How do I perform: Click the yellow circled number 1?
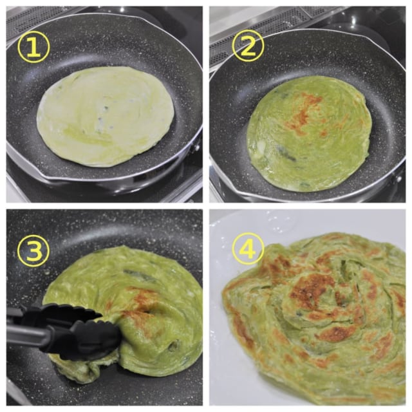pos(33,47)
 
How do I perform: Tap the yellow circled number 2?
pos(248,46)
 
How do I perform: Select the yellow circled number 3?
pos(33,250)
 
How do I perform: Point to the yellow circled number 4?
pos(248,248)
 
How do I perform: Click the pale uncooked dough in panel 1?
pos(106,117)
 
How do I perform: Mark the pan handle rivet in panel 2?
pos(399,179)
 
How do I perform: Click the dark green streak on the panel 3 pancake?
pos(139,275)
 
